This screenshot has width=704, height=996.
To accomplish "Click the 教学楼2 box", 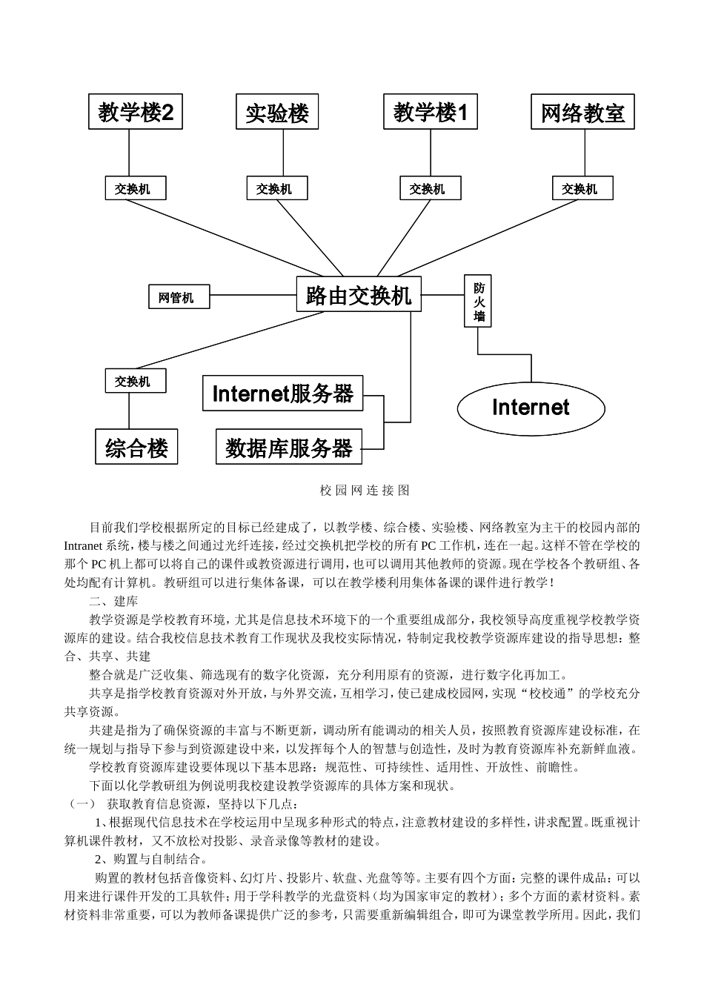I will pyautogui.click(x=136, y=113).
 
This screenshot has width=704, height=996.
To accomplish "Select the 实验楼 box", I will pyautogui.click(x=277, y=113).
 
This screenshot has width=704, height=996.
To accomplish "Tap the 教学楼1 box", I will pyautogui.click(x=431, y=113).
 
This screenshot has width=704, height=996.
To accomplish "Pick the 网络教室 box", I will pyautogui.click(x=582, y=113).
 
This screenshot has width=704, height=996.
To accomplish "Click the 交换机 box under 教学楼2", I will pyautogui.click(x=135, y=189).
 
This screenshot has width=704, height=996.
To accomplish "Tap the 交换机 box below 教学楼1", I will pyautogui.click(x=430, y=189).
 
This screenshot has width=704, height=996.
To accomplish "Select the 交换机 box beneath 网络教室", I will pyautogui.click(x=582, y=189).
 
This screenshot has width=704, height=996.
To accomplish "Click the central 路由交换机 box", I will pyautogui.click(x=359, y=295).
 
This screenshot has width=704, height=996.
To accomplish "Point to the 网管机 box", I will pyautogui.click(x=179, y=297).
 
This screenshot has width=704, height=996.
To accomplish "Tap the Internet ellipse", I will pyautogui.click(x=531, y=407).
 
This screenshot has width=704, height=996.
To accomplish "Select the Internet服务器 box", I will pyautogui.click(x=283, y=394).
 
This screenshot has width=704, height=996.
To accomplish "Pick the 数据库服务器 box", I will pyautogui.click(x=289, y=447).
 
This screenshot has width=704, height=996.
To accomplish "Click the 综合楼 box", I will pyautogui.click(x=136, y=448).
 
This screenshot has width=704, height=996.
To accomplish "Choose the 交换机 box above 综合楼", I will pyautogui.click(x=135, y=381).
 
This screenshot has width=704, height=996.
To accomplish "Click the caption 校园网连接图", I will pyautogui.click(x=365, y=490).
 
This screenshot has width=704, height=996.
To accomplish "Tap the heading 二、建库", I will pyautogui.click(x=113, y=601).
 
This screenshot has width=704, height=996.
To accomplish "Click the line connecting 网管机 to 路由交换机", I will pyautogui.click(x=253, y=296).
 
